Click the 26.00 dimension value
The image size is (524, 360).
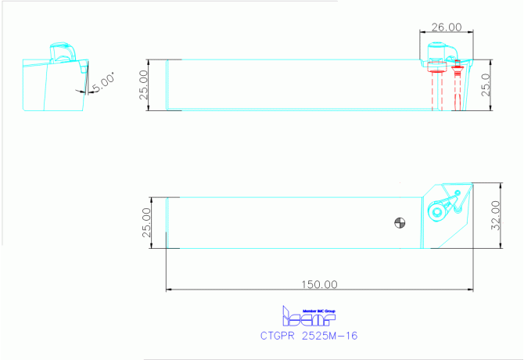pyautogui.click(x=447, y=27)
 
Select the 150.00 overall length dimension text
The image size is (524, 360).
pyautogui.click(x=320, y=284)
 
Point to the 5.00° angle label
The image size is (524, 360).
pyautogui.click(x=102, y=82)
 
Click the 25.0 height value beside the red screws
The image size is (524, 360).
pyautogui.click(x=485, y=85)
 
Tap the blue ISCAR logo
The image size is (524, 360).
pyautogui.click(x=308, y=317)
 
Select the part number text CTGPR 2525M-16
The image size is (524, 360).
pyautogui.click(x=309, y=335)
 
